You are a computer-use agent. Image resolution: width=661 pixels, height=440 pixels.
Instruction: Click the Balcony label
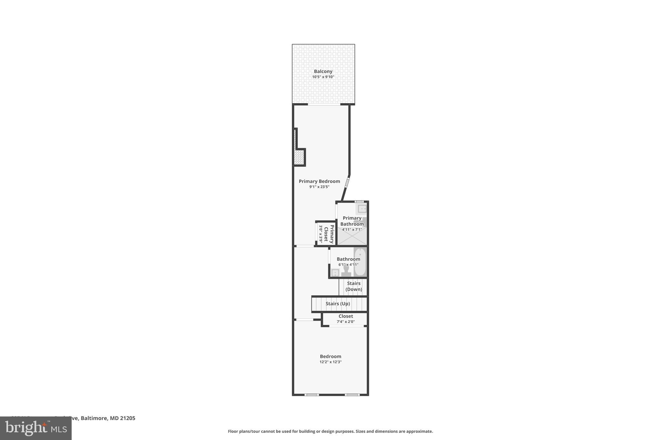(x=323, y=72)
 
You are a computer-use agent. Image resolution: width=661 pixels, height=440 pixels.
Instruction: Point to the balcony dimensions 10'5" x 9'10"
(x=323, y=77)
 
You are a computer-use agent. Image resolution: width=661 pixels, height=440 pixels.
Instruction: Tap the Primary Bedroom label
(x=319, y=181)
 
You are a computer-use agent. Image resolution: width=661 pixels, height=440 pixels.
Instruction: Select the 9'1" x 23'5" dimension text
(x=319, y=187)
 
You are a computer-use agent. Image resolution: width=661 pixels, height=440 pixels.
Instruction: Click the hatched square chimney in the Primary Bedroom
(x=299, y=158)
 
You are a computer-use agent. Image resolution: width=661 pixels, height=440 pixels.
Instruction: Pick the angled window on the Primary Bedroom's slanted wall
(x=347, y=182)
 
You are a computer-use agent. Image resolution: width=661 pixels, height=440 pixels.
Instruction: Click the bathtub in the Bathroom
(x=360, y=262)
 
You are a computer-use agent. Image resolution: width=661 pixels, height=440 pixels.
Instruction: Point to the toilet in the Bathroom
(x=346, y=270)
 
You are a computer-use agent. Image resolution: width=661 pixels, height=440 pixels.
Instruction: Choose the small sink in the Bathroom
(x=335, y=273)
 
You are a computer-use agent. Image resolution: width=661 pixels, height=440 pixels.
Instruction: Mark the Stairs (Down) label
(x=354, y=286)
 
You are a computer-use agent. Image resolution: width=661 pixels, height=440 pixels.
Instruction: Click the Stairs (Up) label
(x=338, y=304)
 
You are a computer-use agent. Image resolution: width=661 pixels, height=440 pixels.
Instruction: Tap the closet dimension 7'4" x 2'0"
(x=346, y=322)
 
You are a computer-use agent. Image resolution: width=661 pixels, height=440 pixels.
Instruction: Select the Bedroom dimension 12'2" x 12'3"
(x=330, y=362)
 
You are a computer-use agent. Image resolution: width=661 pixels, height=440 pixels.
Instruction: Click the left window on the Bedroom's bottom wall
(x=311, y=395)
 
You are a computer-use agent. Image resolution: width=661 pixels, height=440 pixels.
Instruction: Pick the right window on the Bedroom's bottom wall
(x=352, y=395)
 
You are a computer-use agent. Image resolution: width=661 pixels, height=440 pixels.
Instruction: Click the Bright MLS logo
(x=36, y=428)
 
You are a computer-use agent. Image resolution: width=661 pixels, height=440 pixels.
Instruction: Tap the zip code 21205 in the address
(x=127, y=418)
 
